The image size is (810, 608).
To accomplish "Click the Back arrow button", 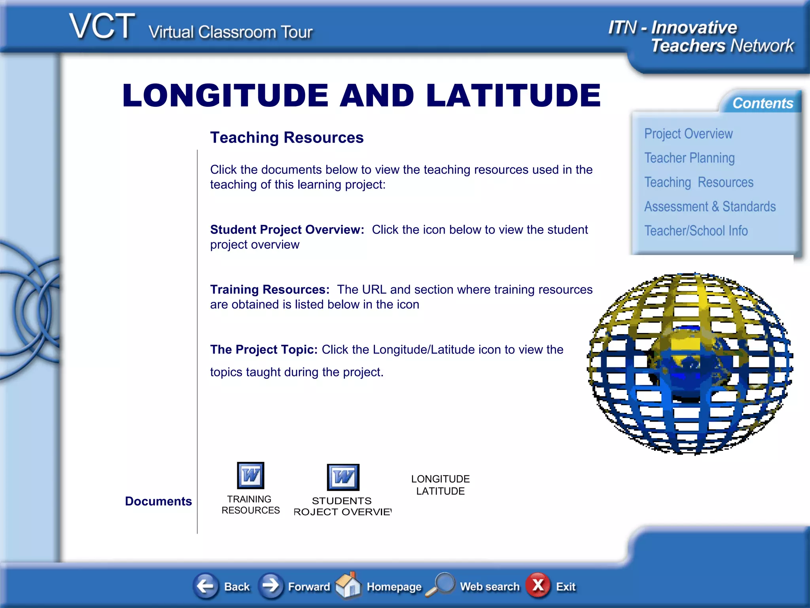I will coord(206,586).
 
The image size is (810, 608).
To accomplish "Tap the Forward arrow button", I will coord(271,586).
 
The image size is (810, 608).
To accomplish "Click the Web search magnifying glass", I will coord(441,584).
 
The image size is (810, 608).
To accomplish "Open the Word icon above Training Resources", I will coord(250,475).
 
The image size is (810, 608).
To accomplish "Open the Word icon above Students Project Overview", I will coord(343,477).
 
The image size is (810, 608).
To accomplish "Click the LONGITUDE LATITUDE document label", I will coord(440,485).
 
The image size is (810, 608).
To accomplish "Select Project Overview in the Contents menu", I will coord(688,134).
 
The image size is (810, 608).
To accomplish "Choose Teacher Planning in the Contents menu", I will coord(689,158).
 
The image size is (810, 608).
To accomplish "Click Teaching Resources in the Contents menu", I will coord(698,182).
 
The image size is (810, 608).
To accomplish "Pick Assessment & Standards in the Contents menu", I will coord(710,207).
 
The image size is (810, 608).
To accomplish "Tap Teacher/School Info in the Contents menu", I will coord(696,231).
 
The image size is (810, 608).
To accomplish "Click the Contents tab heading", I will coord(762,103).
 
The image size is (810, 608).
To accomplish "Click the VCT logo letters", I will coord(102,27).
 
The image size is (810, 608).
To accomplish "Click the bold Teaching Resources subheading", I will coord(287,138).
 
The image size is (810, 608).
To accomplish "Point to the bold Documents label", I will coord(158,501).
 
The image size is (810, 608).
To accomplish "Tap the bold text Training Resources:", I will coord(270,290).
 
